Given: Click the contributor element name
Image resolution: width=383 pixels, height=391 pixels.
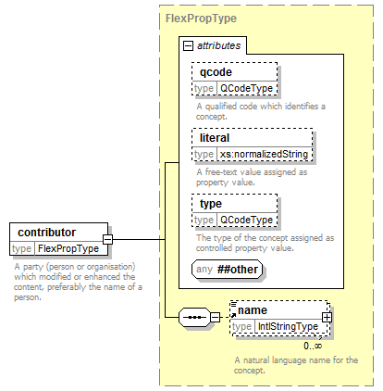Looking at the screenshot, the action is pos(46,233).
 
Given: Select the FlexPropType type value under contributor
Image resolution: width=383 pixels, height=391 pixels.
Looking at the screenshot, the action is pos(68,248).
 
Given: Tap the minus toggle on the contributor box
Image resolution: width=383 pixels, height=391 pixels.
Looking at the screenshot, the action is pos(107,239).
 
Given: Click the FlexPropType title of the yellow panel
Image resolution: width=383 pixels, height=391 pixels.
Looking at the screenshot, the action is pos(201,19).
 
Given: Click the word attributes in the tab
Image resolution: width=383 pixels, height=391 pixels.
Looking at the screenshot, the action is pos(218,45).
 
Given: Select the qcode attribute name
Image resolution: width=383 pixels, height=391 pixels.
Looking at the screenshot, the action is pos(216,72).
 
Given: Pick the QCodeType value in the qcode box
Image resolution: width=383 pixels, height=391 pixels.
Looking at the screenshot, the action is pos(246,88).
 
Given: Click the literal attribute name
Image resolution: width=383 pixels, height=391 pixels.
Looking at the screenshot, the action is pos(215,138).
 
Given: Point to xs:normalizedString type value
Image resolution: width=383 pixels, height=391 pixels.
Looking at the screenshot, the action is pos(264,154).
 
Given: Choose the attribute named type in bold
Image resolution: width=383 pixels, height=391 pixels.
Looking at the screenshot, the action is pos(211,204).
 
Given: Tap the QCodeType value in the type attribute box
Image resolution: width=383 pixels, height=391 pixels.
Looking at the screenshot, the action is pos(246,220).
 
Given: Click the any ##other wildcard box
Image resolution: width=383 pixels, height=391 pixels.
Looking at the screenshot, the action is pos(228,270).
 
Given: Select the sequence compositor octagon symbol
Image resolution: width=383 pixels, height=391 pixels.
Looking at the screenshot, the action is pos(194,317).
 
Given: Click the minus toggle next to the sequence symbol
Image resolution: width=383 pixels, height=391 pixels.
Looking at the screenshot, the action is pos(215,317).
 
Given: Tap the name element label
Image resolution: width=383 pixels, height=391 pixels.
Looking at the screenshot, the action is pos(253,310).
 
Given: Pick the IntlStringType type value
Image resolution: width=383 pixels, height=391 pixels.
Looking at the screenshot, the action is pos(288,326).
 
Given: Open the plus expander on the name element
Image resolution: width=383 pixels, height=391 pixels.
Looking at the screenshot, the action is pos(327,317).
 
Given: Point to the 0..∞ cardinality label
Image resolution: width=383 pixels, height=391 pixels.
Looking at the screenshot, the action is pos(313,346).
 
